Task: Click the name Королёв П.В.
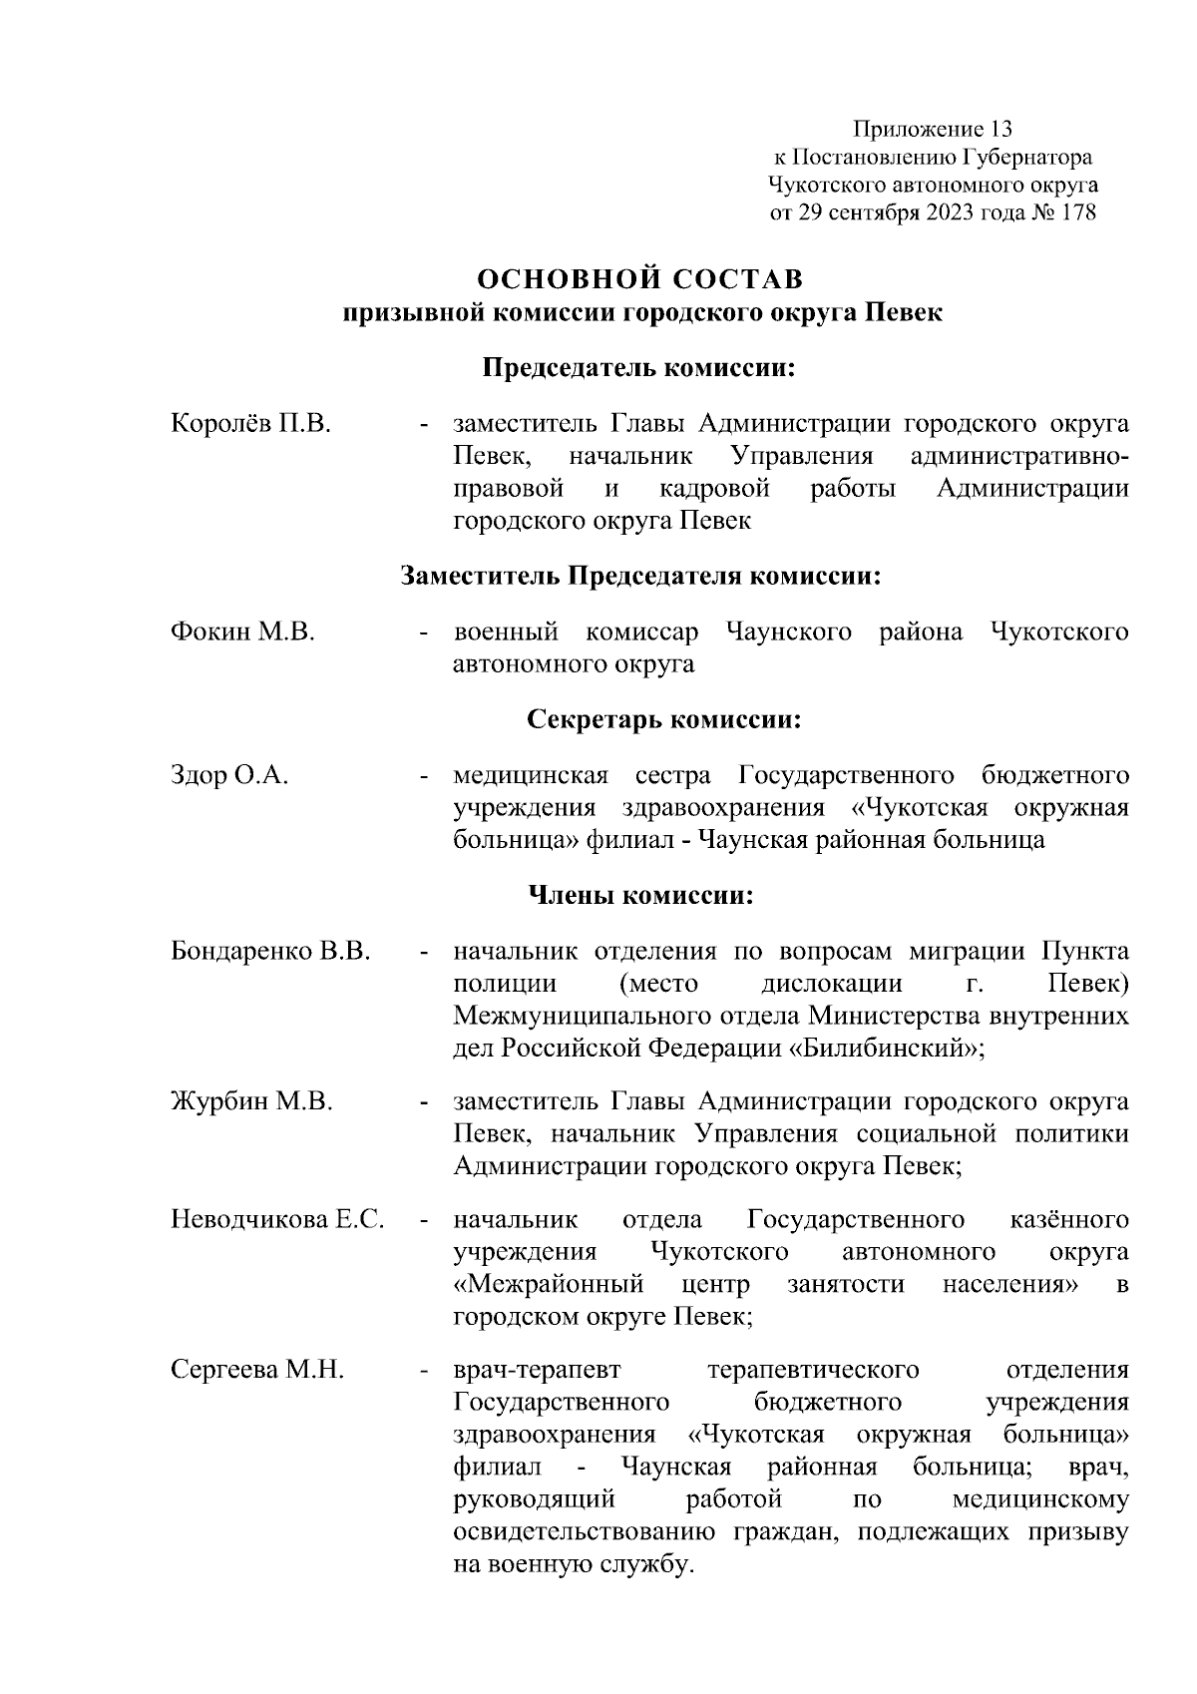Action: (250, 423)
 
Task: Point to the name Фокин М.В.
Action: (243, 632)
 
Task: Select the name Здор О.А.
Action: (229, 775)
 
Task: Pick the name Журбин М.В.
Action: (251, 1101)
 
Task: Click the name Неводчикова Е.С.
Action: (278, 1219)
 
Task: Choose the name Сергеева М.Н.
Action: (257, 1370)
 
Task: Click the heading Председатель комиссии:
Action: (639, 368)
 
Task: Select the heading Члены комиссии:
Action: (639, 895)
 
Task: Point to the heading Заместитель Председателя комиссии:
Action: (641, 576)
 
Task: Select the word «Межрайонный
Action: (548, 1284)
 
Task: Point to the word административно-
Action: (1020, 456)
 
